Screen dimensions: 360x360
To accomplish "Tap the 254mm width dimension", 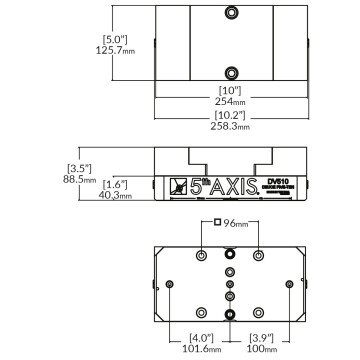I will [x=231, y=101].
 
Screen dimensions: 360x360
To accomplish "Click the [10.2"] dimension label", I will [x=231, y=116].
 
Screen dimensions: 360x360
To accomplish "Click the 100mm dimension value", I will [x=261, y=350].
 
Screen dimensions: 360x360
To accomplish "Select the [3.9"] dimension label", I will [x=261, y=337].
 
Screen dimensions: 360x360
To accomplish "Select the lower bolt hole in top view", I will [x=231, y=72].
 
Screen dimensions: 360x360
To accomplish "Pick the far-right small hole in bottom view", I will [x=290, y=285].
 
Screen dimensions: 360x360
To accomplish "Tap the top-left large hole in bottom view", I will [x=203, y=256].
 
